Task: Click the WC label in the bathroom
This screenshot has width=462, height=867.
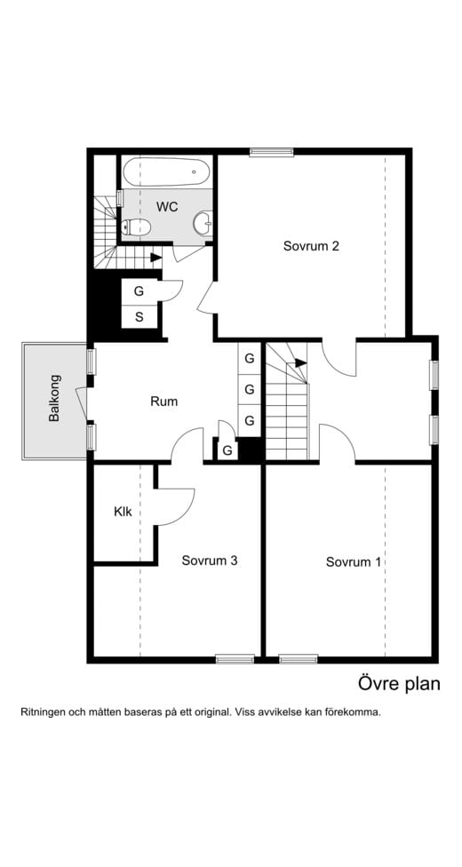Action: [167, 206]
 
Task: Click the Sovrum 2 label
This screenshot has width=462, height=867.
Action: [311, 246]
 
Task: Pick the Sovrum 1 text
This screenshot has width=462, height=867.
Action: [353, 561]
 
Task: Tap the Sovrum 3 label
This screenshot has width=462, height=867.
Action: [209, 561]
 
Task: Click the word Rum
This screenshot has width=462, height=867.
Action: [163, 402]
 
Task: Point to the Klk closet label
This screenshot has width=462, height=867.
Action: [123, 512]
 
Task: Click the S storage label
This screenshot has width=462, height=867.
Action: [139, 316]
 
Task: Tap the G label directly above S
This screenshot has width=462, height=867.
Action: [139, 290]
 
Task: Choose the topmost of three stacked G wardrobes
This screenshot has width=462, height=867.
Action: [250, 359]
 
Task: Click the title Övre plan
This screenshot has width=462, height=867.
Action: [399, 683]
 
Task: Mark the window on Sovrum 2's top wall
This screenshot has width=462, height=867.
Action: [271, 152]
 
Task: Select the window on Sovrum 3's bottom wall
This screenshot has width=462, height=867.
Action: [235, 658]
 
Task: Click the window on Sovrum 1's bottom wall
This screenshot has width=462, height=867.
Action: [298, 658]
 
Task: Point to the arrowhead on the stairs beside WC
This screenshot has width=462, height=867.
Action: [155, 258]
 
